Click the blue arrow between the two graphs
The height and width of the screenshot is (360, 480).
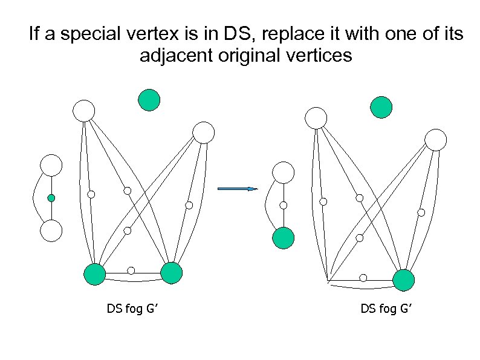click(x=237, y=189)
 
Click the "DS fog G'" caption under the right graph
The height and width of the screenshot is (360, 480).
click(x=386, y=309)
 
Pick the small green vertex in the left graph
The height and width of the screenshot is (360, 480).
click(x=51, y=198)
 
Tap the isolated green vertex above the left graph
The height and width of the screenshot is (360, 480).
click(x=149, y=100)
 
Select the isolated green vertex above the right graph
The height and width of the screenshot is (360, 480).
click(x=381, y=107)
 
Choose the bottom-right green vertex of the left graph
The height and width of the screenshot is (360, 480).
click(x=172, y=273)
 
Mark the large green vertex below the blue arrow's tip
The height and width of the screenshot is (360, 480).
click(x=283, y=238)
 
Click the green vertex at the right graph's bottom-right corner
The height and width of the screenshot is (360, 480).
click(x=404, y=280)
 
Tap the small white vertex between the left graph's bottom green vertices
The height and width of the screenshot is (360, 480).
click(x=131, y=270)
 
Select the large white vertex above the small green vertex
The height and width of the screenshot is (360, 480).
click(x=51, y=165)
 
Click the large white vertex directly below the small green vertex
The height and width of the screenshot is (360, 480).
click(x=51, y=231)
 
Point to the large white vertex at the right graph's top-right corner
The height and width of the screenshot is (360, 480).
click(x=435, y=140)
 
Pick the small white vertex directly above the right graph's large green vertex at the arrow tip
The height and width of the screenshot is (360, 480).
click(x=283, y=205)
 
